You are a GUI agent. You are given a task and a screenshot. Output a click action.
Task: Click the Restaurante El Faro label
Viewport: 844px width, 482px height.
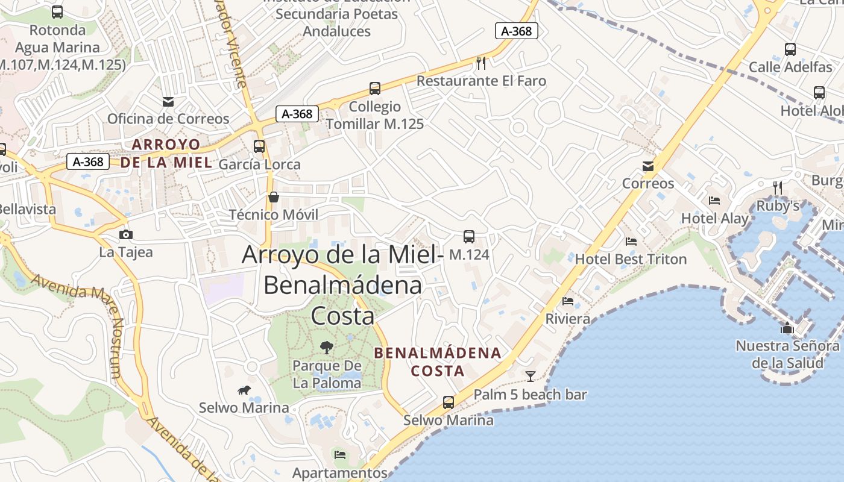coord(481,81)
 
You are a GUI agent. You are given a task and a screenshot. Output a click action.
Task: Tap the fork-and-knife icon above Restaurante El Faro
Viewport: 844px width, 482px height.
coord(481,63)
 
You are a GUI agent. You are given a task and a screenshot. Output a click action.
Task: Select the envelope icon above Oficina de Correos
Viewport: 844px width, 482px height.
coord(168,101)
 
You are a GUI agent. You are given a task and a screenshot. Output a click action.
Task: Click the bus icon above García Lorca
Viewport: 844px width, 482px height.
coord(259,146)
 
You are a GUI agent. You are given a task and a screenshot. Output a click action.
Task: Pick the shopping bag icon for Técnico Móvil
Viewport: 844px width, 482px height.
coord(274,197)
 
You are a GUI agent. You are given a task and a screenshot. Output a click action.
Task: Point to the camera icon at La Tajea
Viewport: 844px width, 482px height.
coord(126,234)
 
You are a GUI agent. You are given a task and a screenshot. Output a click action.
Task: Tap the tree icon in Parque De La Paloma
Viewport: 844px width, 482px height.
coord(327,347)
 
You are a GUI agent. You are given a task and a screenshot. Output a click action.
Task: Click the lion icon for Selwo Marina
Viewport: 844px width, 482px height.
coord(244,390)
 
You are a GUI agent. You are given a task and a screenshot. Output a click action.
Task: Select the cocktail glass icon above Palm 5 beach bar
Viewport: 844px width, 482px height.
coord(531,377)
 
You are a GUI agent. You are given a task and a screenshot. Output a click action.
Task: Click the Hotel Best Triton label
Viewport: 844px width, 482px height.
coord(631,259)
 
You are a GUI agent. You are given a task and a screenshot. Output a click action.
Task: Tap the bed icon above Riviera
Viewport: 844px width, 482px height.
coord(568,301)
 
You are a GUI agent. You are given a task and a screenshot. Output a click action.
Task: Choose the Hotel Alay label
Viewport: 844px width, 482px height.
coord(715,218)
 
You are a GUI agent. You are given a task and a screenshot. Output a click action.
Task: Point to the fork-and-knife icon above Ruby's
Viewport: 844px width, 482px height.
coord(778,188)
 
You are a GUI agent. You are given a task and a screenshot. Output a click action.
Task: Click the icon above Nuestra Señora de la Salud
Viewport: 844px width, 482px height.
coord(787,328)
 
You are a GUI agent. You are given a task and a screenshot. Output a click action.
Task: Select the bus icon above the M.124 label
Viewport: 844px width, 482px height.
coord(469,237)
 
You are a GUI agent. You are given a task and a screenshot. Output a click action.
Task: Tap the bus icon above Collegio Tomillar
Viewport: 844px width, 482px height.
coord(375,89)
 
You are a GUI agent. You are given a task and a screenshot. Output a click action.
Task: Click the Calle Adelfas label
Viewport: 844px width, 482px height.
coord(790,67)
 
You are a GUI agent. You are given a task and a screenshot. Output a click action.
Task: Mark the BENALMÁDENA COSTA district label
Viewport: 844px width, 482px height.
coord(438,361)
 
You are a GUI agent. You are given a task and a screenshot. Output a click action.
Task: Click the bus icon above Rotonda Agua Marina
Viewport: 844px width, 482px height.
coord(57,12)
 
